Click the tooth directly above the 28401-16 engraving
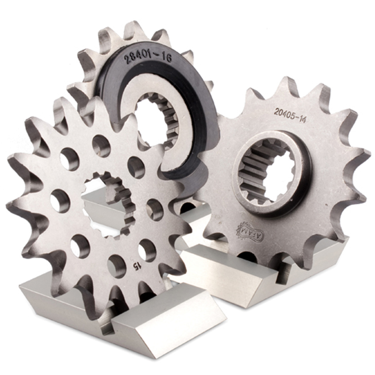136,30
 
